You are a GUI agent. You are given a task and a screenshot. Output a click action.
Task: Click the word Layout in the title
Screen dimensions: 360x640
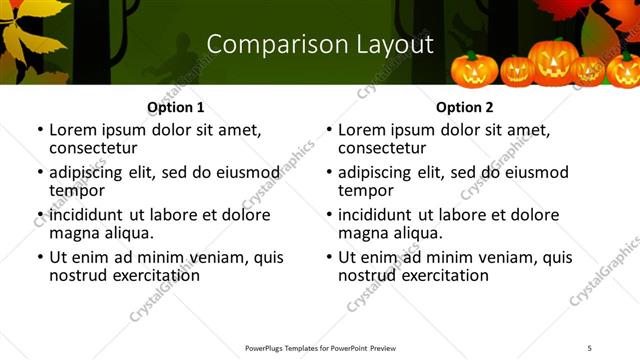pos(388,44)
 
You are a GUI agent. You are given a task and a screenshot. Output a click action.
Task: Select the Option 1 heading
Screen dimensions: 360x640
pos(175,107)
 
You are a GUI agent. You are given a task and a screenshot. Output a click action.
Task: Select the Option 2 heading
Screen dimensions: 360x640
pos(464,107)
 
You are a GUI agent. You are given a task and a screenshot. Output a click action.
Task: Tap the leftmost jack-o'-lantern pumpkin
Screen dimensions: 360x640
pos(474,69)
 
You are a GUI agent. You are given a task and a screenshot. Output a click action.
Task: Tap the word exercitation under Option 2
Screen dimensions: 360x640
pos(441,275)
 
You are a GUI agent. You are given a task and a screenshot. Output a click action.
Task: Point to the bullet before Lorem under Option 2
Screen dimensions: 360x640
pos(329,131)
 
